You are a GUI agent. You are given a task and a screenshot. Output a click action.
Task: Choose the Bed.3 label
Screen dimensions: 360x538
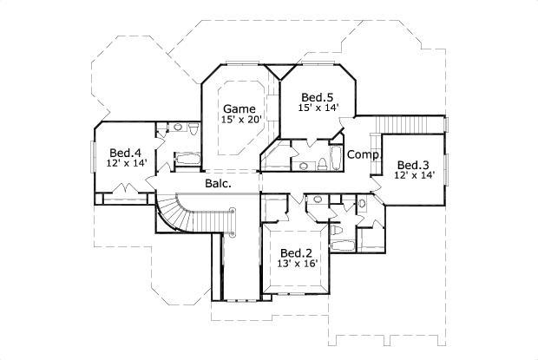(413, 164)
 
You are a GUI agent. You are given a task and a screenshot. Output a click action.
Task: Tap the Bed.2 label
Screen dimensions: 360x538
(295, 251)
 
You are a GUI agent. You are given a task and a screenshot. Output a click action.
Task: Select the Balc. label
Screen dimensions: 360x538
(217, 184)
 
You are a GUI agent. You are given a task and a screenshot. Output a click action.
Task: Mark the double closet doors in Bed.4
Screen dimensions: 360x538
(126, 189)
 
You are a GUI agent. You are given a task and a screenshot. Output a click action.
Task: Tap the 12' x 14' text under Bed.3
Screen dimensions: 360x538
(413, 175)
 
